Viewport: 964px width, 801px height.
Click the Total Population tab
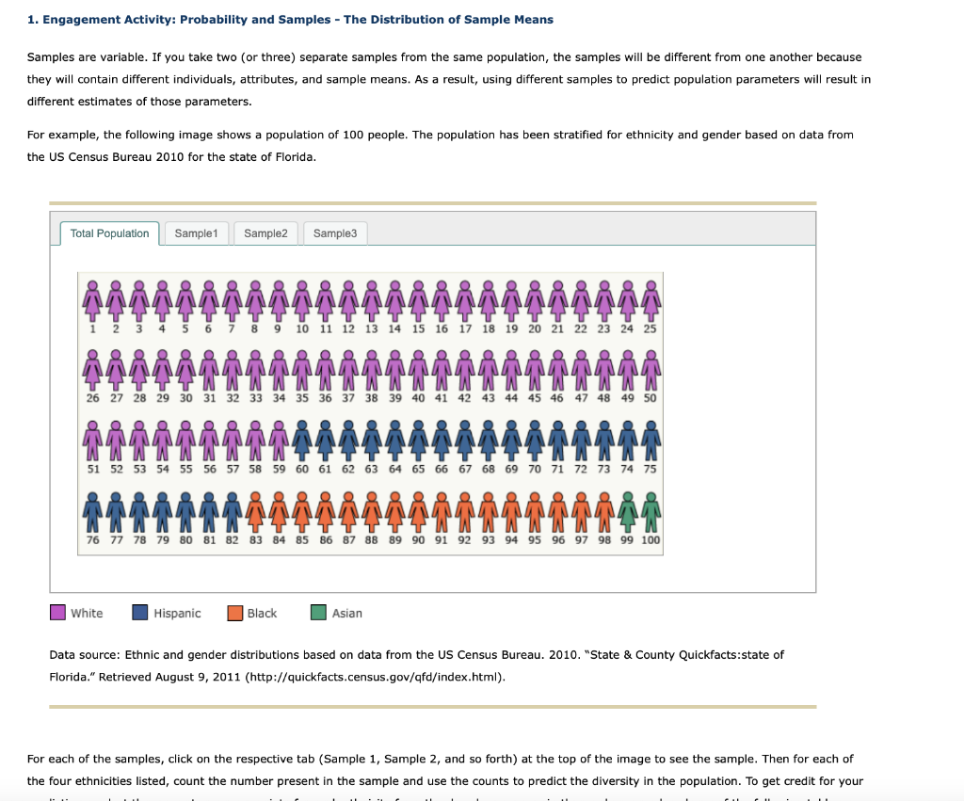(x=109, y=233)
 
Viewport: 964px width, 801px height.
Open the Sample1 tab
(x=196, y=233)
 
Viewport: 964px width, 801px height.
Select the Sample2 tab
(x=265, y=233)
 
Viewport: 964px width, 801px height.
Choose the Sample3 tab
(x=335, y=233)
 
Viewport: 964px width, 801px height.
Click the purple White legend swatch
(x=58, y=613)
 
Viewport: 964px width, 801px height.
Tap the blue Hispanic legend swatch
(x=140, y=613)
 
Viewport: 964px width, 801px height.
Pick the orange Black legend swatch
(x=235, y=613)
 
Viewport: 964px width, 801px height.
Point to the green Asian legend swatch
(x=319, y=613)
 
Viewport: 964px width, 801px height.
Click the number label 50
(x=651, y=398)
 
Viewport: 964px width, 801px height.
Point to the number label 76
(x=92, y=540)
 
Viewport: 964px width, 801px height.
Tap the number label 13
(x=372, y=328)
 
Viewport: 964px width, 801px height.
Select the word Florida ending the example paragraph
(x=292, y=156)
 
